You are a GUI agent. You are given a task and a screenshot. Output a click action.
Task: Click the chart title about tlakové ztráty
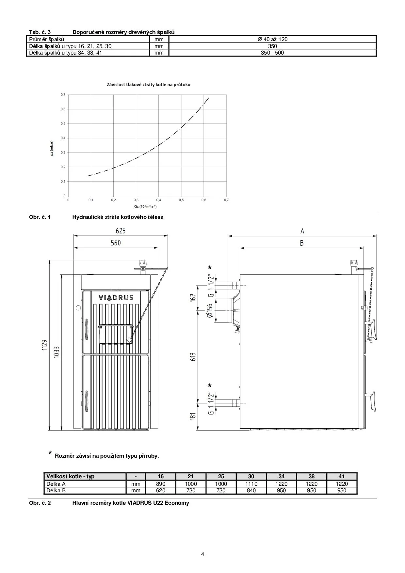149,85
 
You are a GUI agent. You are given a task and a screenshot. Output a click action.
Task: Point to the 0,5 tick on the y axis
63,123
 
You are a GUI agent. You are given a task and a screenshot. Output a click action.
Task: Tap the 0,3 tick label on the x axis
136,200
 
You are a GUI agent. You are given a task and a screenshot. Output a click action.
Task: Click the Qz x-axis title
145,206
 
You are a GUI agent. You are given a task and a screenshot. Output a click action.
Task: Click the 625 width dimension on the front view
121,231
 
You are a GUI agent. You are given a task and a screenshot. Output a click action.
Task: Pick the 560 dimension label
116,243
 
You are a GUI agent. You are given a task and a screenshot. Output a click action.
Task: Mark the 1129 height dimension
45,345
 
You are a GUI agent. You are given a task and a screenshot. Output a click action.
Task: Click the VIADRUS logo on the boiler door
116,298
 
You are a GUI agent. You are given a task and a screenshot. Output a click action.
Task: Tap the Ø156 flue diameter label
210,310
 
